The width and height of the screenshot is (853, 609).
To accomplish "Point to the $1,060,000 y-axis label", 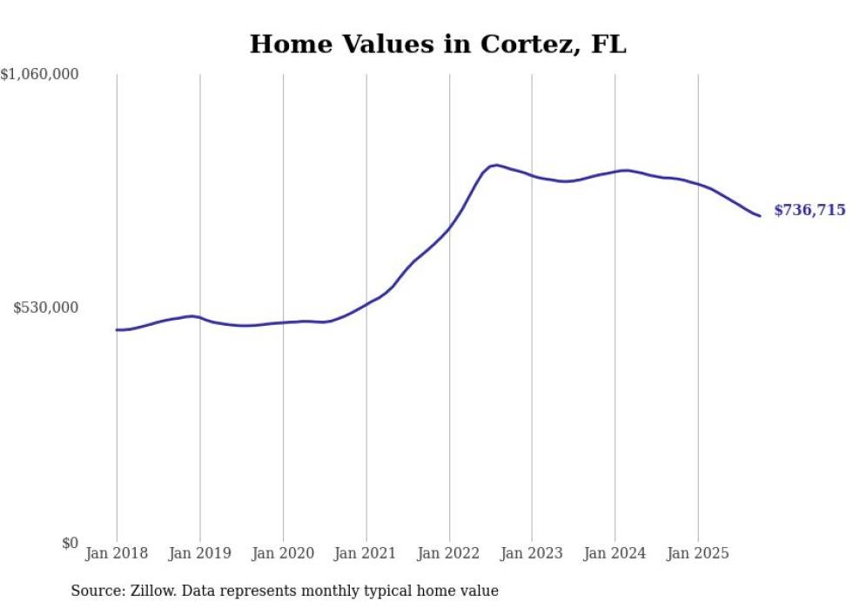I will pyautogui.click(x=40, y=75).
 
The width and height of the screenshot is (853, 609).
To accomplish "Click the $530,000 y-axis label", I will pyautogui.click(x=46, y=308).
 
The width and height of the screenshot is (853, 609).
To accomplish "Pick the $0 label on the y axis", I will pyautogui.click(x=70, y=543).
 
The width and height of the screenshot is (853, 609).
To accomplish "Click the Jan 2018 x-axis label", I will pyautogui.click(x=117, y=553).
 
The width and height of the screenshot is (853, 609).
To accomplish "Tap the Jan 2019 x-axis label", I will pyautogui.click(x=199, y=553).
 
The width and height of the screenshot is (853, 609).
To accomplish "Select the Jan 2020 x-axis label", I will pyautogui.click(x=283, y=553).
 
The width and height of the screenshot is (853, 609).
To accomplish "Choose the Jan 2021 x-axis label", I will pyautogui.click(x=366, y=553).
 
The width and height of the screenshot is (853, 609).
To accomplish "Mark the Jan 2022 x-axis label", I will pyautogui.click(x=449, y=553).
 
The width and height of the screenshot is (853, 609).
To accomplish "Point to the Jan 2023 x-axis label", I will pyautogui.click(x=532, y=553).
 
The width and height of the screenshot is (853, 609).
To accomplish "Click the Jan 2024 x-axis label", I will pyautogui.click(x=615, y=553).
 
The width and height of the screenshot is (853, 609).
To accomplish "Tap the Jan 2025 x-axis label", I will pyautogui.click(x=698, y=553).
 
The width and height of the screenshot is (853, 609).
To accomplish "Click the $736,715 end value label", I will pyautogui.click(x=809, y=210).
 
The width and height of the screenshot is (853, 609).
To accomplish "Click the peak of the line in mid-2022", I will pyautogui.click(x=495, y=165).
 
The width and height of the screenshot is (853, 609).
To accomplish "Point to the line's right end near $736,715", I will pyautogui.click(x=760, y=215).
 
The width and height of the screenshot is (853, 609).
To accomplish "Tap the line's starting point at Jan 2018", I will pyautogui.click(x=117, y=329).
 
